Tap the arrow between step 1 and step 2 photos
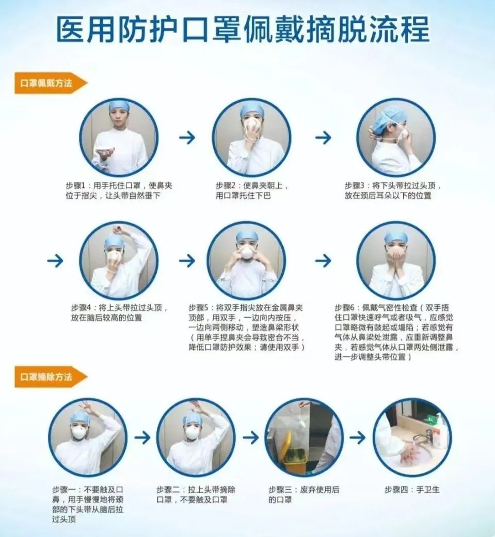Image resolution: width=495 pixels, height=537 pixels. pos(187,137)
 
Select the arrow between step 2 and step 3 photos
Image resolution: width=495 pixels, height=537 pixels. pos(323,137)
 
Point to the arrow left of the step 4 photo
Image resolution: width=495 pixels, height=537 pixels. pos(55,261)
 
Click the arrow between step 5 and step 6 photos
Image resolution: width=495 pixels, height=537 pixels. pos(323,261)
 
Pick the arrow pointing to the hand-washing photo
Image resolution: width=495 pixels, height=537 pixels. pos(357,437)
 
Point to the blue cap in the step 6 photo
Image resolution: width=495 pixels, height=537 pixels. pos(396,238)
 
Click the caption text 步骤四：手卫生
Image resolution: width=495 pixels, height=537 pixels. pos(412,489)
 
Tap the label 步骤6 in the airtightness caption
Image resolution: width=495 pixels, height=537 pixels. pos(344,308)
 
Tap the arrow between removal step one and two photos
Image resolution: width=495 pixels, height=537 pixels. pos(142,437)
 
